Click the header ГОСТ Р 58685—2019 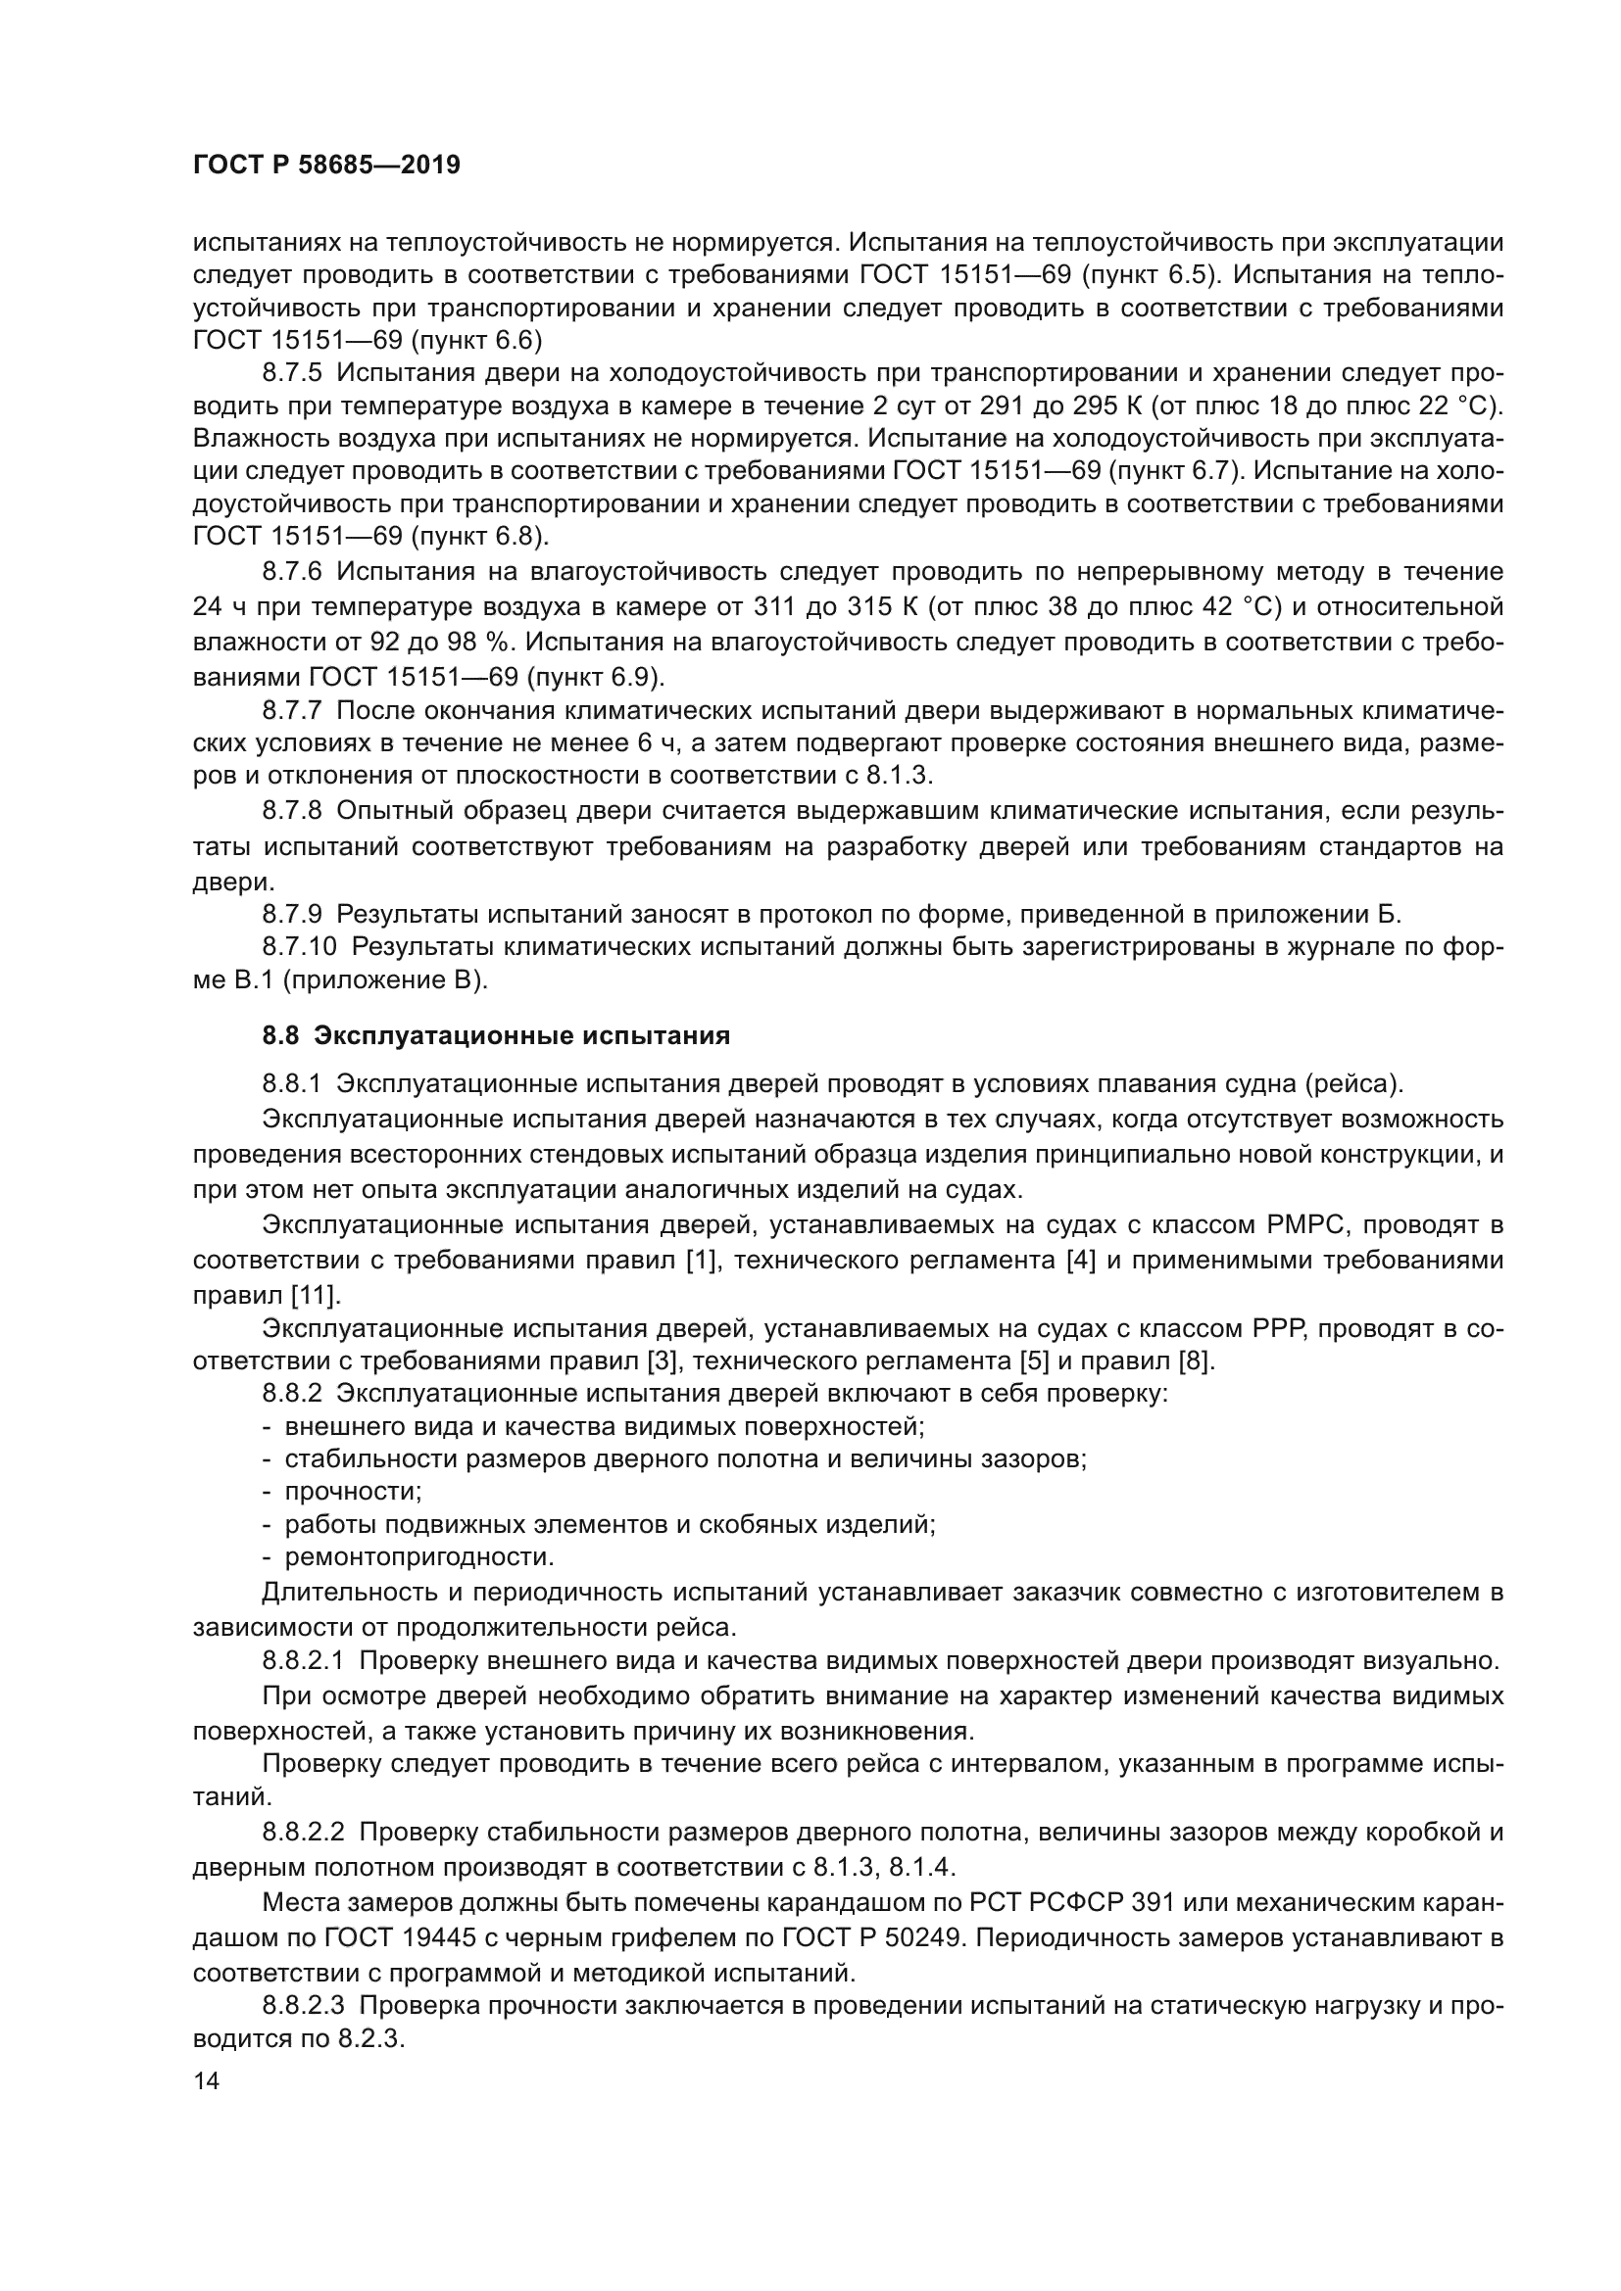(x=326, y=166)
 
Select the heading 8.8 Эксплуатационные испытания (x=496, y=1034)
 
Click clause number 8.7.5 (x=292, y=373)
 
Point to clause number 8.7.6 (x=292, y=571)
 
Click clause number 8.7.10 (x=300, y=946)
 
